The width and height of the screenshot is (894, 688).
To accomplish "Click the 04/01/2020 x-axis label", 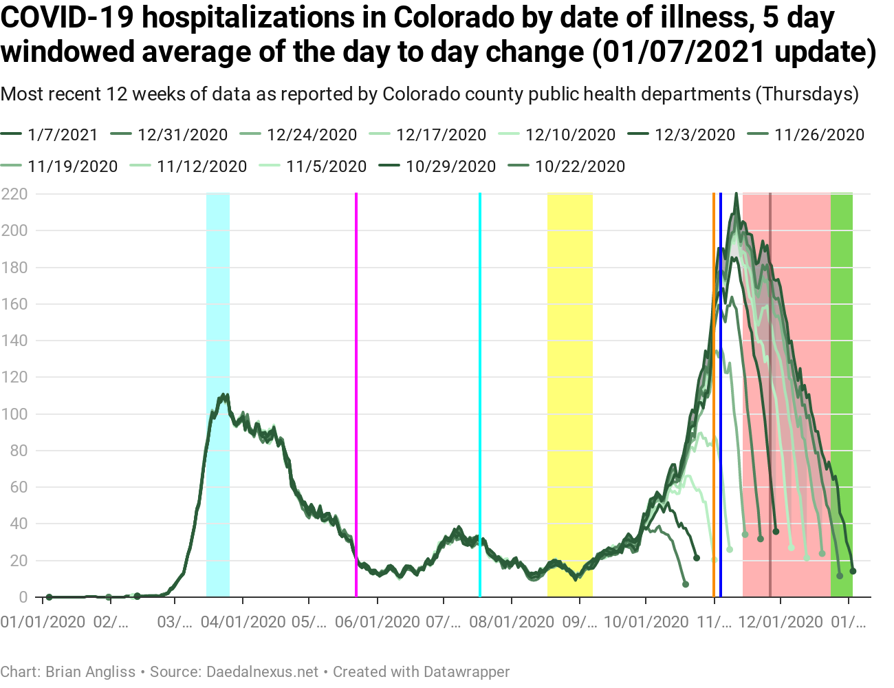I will click(x=243, y=622).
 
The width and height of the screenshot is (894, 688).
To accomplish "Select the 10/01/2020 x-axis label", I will click(x=646, y=622).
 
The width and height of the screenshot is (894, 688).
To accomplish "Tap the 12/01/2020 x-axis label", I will click(x=781, y=622).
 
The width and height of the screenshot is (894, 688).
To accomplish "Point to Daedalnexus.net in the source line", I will click(x=262, y=671).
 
